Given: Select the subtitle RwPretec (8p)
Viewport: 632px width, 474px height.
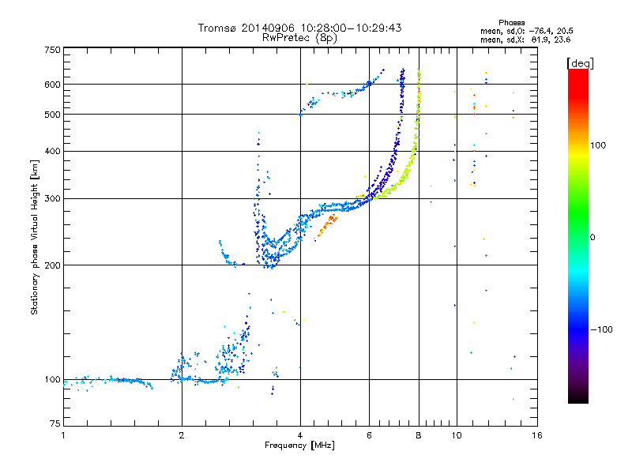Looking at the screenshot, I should tap(299, 37).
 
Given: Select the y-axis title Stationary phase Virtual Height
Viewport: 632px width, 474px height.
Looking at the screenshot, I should tap(35, 237).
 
